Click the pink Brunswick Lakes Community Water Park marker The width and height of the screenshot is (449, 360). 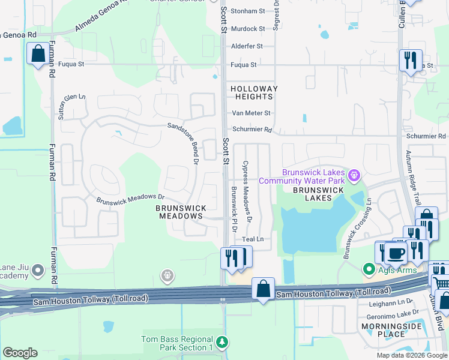[x=355, y=176]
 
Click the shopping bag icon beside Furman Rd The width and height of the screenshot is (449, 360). [x=38, y=54]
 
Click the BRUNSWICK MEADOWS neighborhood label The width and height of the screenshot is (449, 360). [x=181, y=212]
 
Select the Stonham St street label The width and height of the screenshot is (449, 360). [x=248, y=11]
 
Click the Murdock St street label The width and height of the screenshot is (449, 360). [x=248, y=29]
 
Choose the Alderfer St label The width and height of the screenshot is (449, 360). [x=247, y=46]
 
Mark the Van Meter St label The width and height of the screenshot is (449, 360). [x=251, y=113]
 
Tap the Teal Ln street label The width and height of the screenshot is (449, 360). [x=253, y=239]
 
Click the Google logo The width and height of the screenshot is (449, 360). [x=20, y=353]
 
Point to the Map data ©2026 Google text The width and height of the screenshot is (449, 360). [x=411, y=355]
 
